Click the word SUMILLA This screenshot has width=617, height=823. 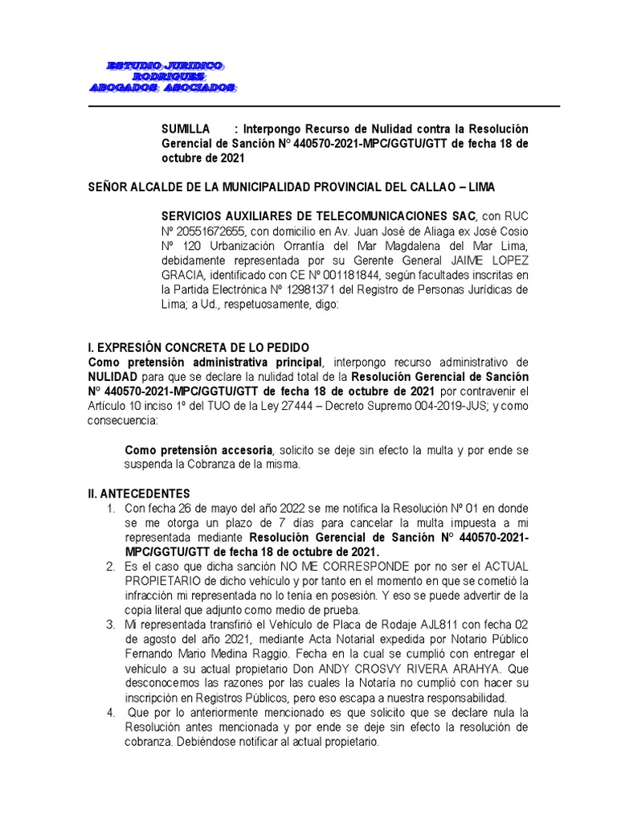click(185, 129)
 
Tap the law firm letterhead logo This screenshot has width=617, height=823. click(162, 76)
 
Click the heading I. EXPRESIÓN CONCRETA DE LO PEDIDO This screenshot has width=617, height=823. click(198, 348)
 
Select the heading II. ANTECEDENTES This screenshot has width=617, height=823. click(138, 493)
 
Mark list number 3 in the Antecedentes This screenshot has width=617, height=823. click(110, 625)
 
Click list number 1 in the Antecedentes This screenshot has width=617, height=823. click(110, 509)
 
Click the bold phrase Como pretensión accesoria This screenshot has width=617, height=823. click(199, 450)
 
